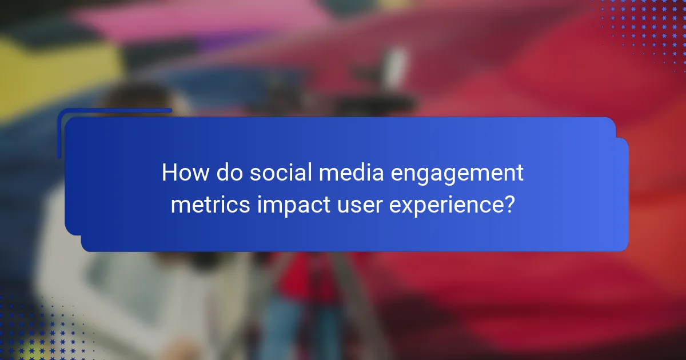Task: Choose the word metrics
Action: pos(210,204)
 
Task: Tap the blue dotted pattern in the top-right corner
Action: pos(646,29)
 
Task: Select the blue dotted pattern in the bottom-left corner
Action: pos(34,331)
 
